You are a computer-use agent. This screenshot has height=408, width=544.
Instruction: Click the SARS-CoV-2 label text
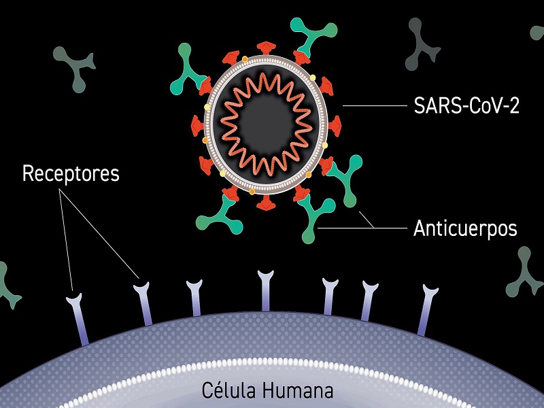[x=466, y=105]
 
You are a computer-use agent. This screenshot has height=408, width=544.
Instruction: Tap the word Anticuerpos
[x=465, y=228]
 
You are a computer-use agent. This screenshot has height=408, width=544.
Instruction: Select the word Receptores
[x=71, y=173]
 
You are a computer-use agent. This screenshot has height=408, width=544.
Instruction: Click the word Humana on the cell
[x=297, y=390]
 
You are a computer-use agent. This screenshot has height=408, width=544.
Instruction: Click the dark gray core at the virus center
[x=267, y=123]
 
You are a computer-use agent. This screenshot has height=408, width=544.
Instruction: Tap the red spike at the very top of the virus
[x=266, y=48]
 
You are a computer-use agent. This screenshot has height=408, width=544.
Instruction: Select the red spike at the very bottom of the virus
[x=266, y=203]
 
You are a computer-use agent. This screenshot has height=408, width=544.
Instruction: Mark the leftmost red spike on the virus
[x=197, y=126]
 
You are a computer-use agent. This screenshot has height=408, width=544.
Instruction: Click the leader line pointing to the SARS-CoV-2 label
[x=375, y=105]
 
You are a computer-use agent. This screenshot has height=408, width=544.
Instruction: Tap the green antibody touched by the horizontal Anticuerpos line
[x=314, y=217]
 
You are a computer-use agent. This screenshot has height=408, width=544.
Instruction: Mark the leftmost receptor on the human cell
[x=78, y=319]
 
